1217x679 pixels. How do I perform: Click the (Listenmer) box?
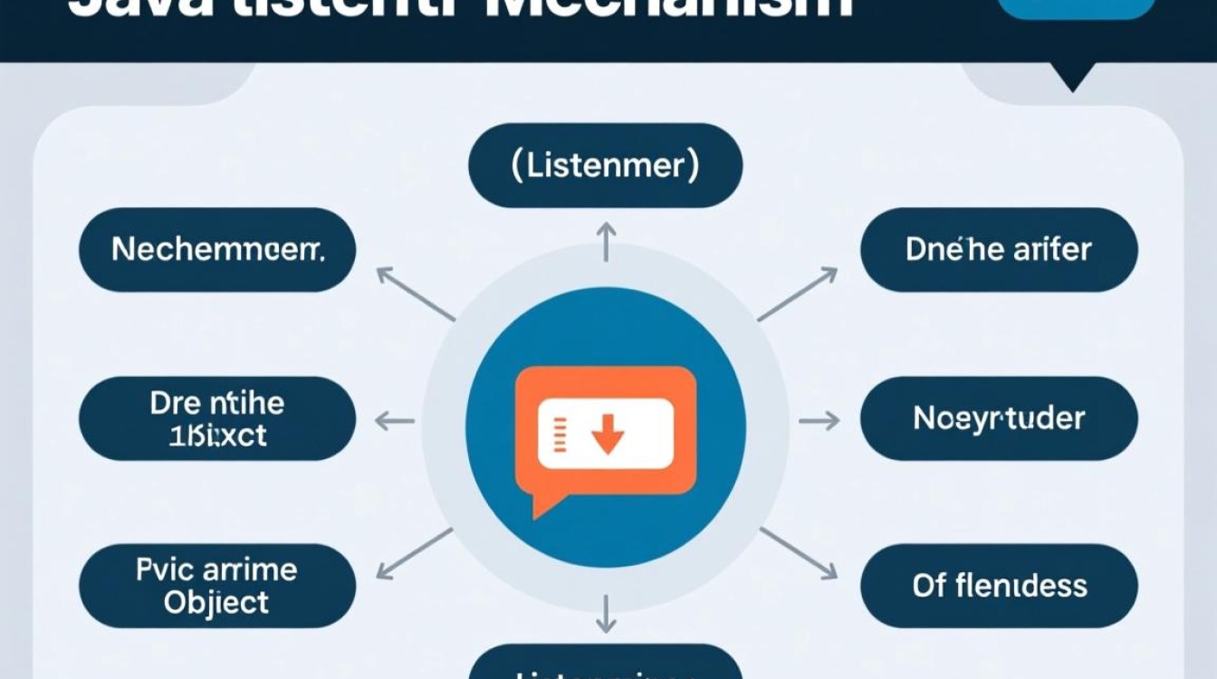pyautogui.click(x=605, y=166)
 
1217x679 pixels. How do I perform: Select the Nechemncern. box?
pyautogui.click(x=217, y=250)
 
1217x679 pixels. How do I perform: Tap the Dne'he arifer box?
pyautogui.click(x=998, y=250)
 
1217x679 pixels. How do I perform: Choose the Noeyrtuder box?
pyautogui.click(x=998, y=418)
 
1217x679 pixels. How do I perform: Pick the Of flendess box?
pyautogui.click(x=998, y=586)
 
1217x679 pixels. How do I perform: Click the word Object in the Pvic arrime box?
pyautogui.click(x=216, y=602)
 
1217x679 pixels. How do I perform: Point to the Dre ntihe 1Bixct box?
pyautogui.click(x=217, y=418)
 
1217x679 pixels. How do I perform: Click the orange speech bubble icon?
pyautogui.click(x=605, y=435)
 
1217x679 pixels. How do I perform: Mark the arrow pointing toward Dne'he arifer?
pyautogui.click(x=798, y=293)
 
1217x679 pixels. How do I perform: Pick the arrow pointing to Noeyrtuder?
pyautogui.click(x=819, y=420)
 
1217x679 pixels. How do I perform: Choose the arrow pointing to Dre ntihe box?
pyautogui.click(x=394, y=420)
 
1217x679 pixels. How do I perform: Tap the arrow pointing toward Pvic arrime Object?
pyautogui.click(x=414, y=552)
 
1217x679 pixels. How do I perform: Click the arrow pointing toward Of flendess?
pyautogui.click(x=798, y=552)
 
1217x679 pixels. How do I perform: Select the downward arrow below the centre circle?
pyautogui.click(x=606, y=612)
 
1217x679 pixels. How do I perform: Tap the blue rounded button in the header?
pyautogui.click(x=1076, y=7)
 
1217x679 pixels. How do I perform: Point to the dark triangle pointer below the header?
pyautogui.click(x=1072, y=80)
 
